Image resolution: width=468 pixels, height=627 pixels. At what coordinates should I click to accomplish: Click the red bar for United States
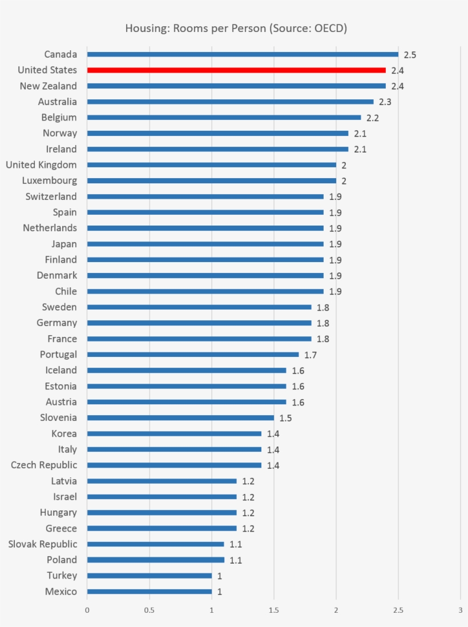(236, 70)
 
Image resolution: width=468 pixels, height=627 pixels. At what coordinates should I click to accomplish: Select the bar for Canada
(243, 54)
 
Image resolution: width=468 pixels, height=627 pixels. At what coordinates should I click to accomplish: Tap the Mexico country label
(60, 592)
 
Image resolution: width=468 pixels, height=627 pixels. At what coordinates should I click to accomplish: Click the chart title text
(236, 28)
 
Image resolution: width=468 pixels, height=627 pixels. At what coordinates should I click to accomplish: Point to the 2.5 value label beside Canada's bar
(410, 55)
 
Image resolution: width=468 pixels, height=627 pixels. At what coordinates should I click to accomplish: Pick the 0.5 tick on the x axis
(150, 610)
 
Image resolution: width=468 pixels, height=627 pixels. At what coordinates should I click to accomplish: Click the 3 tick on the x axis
(460, 610)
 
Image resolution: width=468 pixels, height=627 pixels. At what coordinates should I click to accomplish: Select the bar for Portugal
(193, 355)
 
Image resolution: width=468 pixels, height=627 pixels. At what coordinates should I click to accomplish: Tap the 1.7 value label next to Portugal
(310, 355)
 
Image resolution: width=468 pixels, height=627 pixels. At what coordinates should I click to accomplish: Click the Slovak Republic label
(42, 544)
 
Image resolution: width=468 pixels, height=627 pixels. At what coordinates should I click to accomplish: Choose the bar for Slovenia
(180, 417)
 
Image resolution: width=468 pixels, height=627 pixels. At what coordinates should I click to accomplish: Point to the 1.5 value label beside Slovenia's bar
(285, 419)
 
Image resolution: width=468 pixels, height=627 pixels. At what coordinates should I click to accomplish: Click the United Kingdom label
(41, 165)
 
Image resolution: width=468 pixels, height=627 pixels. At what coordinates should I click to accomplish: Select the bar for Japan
(205, 244)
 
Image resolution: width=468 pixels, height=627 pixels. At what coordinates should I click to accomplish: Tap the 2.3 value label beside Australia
(385, 102)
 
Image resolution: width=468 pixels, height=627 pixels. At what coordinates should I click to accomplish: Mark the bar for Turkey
(150, 576)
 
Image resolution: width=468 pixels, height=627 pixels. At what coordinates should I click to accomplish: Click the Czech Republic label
(44, 465)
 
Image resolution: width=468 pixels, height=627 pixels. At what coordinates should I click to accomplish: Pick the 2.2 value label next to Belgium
(373, 118)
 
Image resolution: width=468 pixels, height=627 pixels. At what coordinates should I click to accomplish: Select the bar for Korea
(174, 433)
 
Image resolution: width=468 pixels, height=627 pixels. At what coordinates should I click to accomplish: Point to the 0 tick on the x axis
(87, 610)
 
